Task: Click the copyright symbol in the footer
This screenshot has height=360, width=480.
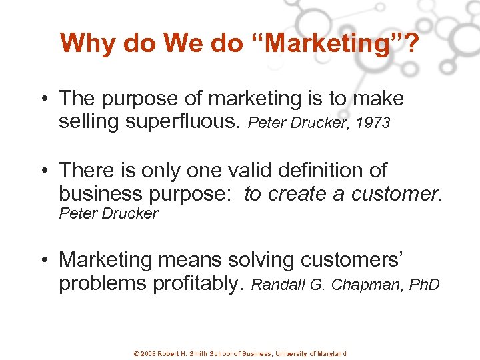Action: [137, 353]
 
